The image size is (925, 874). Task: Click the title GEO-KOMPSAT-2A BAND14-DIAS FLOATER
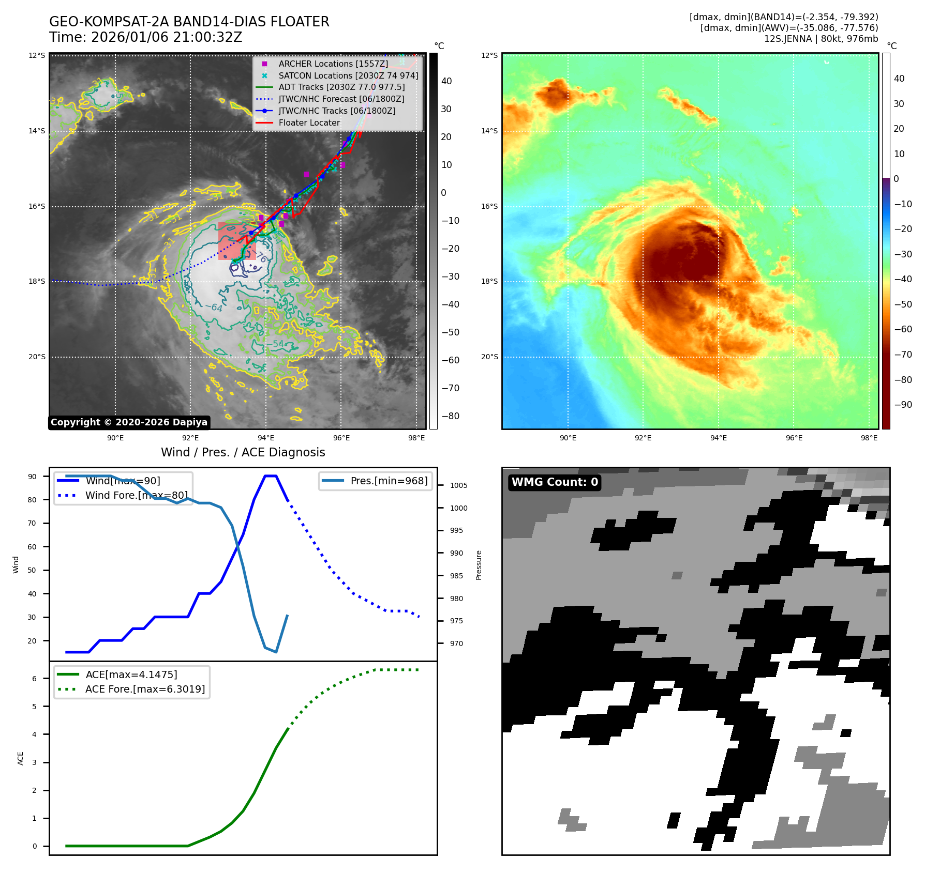189,22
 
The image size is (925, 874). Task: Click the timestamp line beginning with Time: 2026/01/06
145,38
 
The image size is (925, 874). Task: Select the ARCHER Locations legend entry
333,64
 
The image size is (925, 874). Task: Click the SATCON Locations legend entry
348,75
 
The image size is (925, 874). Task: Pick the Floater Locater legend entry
309,123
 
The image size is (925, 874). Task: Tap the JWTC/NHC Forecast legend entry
341,99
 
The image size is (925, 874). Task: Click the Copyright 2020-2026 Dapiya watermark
129,422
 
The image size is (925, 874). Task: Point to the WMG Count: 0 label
555,482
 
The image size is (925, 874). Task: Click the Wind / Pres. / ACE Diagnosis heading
243,453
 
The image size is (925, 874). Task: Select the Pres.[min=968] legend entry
389,481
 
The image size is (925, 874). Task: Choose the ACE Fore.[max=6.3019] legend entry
145,689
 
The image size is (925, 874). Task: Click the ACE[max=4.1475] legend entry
131,675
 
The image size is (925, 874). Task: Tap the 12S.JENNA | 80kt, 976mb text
820,39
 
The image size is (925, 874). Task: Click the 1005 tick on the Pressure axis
458,485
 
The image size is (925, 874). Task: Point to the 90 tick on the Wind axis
32,477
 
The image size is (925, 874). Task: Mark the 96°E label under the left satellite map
341,438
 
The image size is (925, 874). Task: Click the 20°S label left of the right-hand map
489,357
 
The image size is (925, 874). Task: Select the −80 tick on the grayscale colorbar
450,416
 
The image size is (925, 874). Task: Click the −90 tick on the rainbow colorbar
903,405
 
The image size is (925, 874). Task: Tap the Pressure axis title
479,565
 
